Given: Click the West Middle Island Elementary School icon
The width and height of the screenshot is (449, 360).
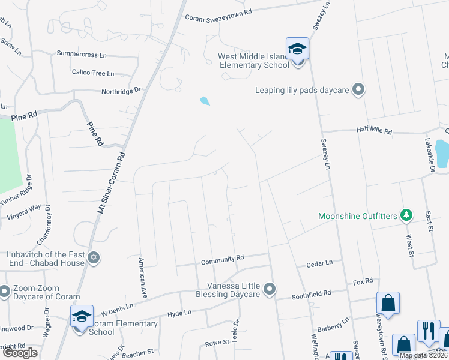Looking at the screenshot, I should pyautogui.click(x=297, y=49).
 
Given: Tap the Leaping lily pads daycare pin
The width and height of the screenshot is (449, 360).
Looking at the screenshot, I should pyautogui.click(x=358, y=90).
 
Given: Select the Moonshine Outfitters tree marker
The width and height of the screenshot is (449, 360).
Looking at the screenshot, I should pyautogui.click(x=406, y=215).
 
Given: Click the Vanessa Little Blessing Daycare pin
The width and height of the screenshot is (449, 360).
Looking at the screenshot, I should pyautogui.click(x=270, y=289).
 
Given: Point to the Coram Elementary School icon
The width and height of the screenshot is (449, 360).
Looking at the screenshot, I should pyautogui.click(x=82, y=316).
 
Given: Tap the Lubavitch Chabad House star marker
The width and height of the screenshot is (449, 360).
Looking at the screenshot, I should pyautogui.click(x=93, y=258).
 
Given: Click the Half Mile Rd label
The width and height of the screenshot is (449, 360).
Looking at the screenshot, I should pyautogui.click(x=373, y=130).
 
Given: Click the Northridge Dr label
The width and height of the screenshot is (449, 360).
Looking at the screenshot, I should pyautogui.click(x=121, y=91).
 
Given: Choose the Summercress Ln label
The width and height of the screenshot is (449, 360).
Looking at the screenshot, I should pyautogui.click(x=82, y=54).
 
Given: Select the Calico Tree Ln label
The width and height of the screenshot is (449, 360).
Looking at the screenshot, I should pyautogui.click(x=92, y=73).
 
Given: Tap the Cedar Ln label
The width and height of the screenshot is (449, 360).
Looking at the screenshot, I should pyautogui.click(x=319, y=263).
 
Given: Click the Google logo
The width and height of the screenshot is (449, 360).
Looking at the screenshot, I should pyautogui.click(x=20, y=353).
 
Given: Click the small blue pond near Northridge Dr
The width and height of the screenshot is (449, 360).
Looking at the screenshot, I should pyautogui.click(x=205, y=101).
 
